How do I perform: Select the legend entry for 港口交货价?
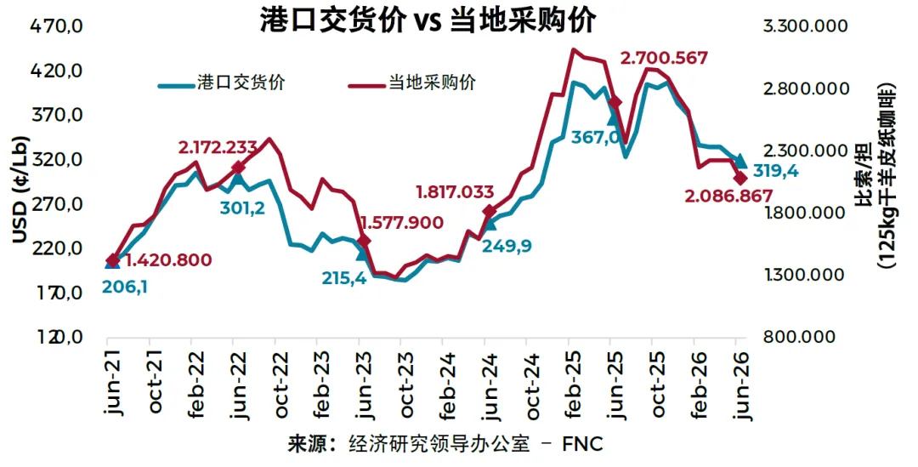[222, 83]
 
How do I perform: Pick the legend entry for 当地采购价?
[412, 83]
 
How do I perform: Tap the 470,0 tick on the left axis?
[56, 26]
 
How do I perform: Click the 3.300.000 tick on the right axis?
[804, 26]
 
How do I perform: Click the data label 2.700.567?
[664, 58]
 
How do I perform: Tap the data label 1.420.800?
[168, 259]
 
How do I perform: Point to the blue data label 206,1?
[125, 288]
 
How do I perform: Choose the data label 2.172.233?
[218, 147]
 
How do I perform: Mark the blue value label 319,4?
[776, 172]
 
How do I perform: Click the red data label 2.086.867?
[729, 196]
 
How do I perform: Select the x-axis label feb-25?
[574, 383]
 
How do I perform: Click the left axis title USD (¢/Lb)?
[20, 189]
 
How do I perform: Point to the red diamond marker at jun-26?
[740, 178]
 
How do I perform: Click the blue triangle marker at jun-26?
[740, 161]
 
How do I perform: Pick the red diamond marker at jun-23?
[363, 241]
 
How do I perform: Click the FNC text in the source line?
[582, 443]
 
